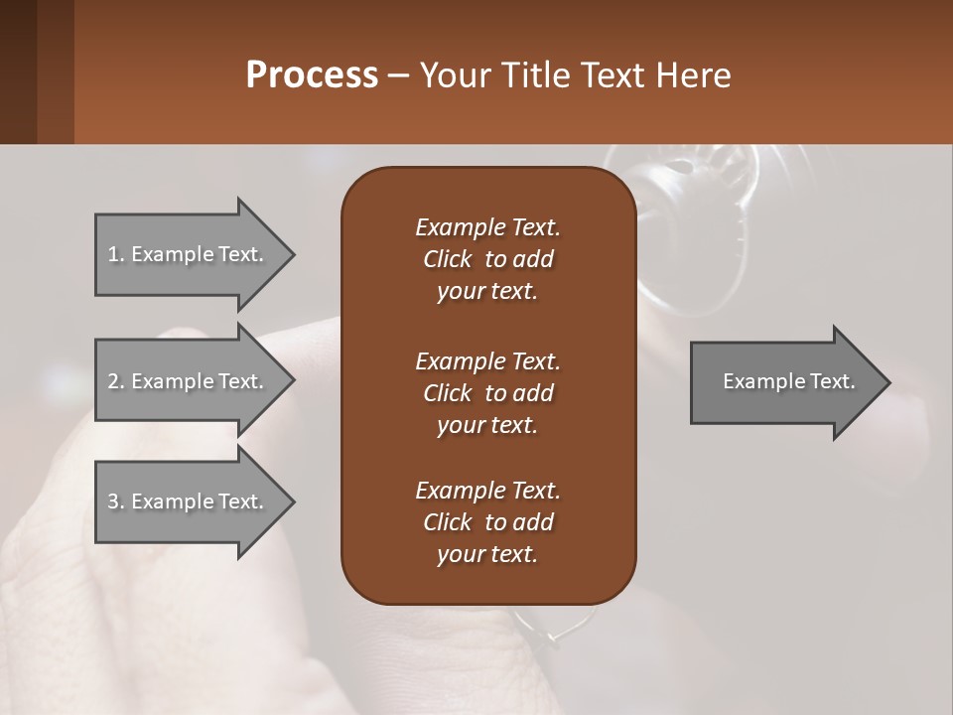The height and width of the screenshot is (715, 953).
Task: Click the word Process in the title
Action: (x=312, y=75)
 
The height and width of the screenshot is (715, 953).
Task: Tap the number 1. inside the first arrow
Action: (x=116, y=254)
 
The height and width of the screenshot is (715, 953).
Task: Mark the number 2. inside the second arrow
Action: (x=116, y=381)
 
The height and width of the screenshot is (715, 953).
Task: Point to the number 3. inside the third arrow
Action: (x=116, y=501)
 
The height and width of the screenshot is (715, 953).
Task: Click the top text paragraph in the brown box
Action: (x=487, y=259)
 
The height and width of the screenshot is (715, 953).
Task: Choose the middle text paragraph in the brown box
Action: (x=487, y=392)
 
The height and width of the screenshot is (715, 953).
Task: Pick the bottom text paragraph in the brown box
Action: (x=487, y=522)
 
